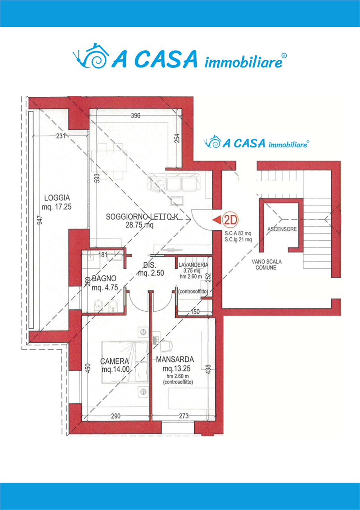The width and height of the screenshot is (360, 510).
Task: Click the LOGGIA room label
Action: pyautogui.click(x=57, y=198)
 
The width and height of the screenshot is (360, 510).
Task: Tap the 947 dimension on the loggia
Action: pyautogui.click(x=40, y=220)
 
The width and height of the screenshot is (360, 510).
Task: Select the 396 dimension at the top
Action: pyautogui.click(x=136, y=116)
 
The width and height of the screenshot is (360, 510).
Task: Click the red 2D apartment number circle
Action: pyautogui.click(x=230, y=220)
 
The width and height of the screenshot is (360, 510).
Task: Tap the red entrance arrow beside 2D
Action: pyautogui.click(x=217, y=220)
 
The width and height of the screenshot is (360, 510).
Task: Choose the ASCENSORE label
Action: pyautogui.click(x=282, y=229)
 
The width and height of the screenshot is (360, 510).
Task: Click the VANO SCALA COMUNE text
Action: pyautogui.click(x=266, y=265)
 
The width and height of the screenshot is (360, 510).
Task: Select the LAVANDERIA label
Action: pyautogui.click(x=193, y=265)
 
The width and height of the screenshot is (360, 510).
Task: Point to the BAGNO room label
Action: pyautogui.click(x=104, y=279)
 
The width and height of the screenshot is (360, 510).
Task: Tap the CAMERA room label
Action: pyautogui.click(x=115, y=361)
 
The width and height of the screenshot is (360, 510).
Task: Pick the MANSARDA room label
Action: pyautogui.click(x=175, y=359)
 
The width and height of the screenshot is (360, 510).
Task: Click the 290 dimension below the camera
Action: pyautogui.click(x=115, y=416)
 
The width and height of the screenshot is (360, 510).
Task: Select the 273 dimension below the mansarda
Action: pyautogui.click(x=184, y=416)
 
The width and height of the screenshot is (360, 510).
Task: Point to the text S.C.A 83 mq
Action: pyautogui.click(x=238, y=233)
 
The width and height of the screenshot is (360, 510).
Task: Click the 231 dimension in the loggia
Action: pyautogui.click(x=61, y=136)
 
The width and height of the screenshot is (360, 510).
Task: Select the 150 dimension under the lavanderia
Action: pyautogui.click(x=195, y=312)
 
